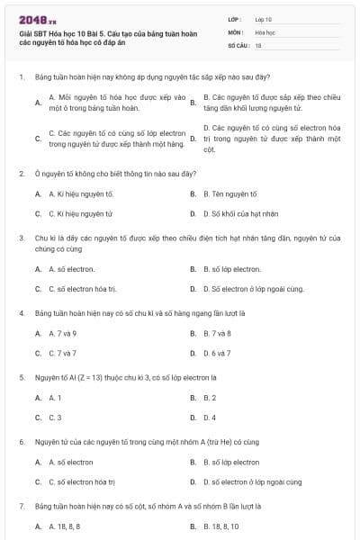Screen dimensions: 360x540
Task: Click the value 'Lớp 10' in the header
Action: click(x=264, y=18)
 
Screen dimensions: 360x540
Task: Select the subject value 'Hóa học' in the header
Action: click(x=265, y=31)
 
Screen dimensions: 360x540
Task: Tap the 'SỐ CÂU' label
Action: click(x=238, y=44)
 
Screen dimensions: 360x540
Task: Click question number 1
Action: click(x=21, y=77)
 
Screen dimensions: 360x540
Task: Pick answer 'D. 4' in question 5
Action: click(x=210, y=418)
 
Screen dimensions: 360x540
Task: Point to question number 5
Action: click(x=21, y=377)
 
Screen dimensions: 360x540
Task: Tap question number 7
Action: click(x=21, y=506)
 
